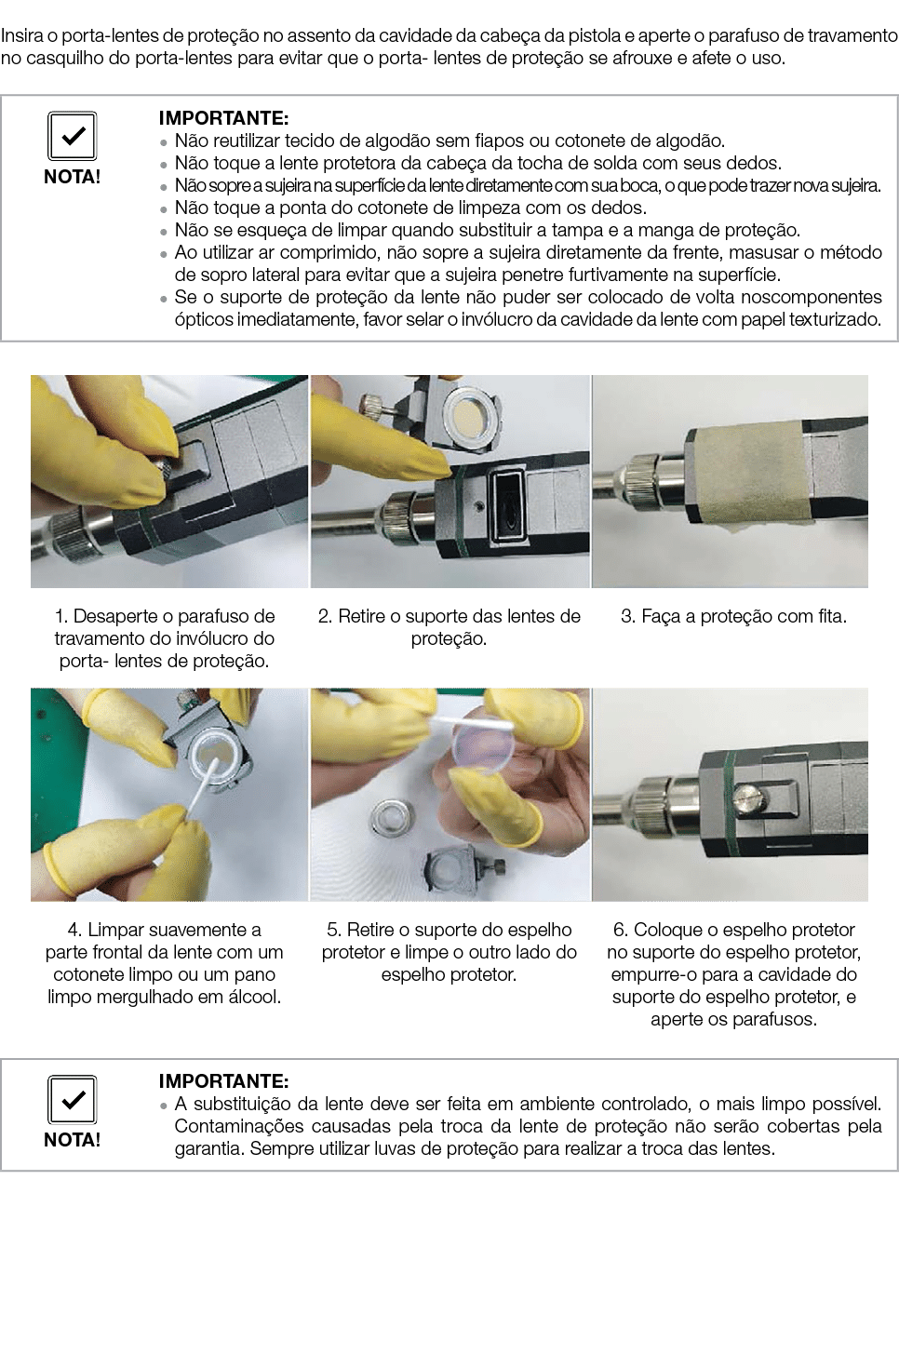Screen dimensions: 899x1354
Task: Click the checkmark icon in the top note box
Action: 72,136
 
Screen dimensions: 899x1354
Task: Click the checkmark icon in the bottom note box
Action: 72,1100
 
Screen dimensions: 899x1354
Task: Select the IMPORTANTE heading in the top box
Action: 223,118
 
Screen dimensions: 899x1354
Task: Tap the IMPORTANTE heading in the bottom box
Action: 223,1080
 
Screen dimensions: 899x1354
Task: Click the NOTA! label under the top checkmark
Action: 72,177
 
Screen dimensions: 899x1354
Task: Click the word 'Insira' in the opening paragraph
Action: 21,36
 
